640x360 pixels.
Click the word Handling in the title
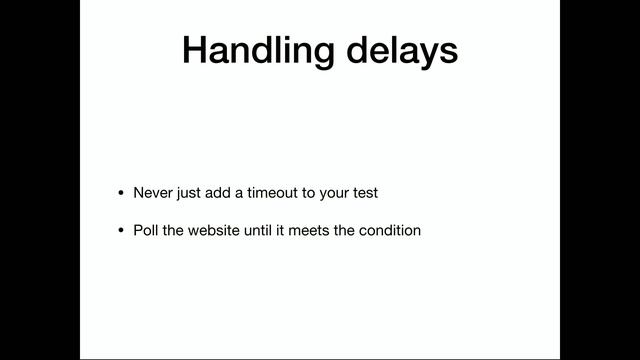[x=250, y=50]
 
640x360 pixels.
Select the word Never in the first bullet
[x=152, y=192]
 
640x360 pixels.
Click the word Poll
[x=146, y=230]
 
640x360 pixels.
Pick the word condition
[x=390, y=230]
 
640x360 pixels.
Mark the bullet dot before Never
[x=121, y=193]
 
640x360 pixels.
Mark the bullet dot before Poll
[x=121, y=231]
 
